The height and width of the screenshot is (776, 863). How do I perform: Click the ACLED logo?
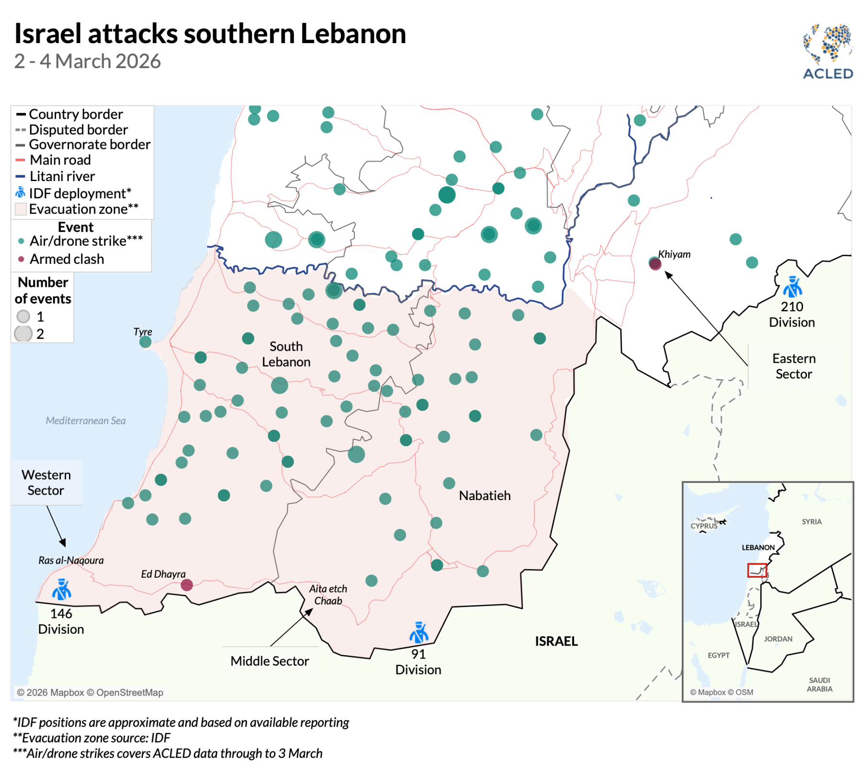tap(828, 52)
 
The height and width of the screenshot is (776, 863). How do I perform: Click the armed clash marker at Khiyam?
tap(655, 264)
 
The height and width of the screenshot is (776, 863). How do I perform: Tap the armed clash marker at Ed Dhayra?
tap(187, 585)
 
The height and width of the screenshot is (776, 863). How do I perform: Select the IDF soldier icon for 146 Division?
tap(61, 590)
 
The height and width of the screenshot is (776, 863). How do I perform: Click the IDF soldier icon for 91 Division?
tap(419, 633)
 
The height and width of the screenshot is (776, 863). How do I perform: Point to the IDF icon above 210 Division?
tap(792, 287)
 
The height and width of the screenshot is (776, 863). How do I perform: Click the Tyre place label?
tap(142, 331)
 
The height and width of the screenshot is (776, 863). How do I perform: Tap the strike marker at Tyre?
tap(145, 342)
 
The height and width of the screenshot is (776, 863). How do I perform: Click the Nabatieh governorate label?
tap(484, 495)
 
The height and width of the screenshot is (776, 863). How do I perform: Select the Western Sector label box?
tap(46, 482)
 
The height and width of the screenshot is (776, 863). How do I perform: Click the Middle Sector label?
tap(269, 661)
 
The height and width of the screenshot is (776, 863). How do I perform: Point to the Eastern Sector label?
tap(793, 366)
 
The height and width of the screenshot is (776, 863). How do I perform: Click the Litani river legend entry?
tap(62, 176)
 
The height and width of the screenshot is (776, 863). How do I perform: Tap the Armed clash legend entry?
tap(66, 259)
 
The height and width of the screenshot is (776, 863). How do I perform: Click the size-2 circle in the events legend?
tap(23, 333)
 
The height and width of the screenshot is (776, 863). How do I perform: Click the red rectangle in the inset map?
tap(757, 570)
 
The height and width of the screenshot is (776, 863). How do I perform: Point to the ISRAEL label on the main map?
tap(556, 641)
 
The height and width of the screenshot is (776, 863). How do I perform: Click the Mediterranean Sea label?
tap(85, 421)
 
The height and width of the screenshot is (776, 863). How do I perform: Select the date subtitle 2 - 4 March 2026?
tap(87, 61)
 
